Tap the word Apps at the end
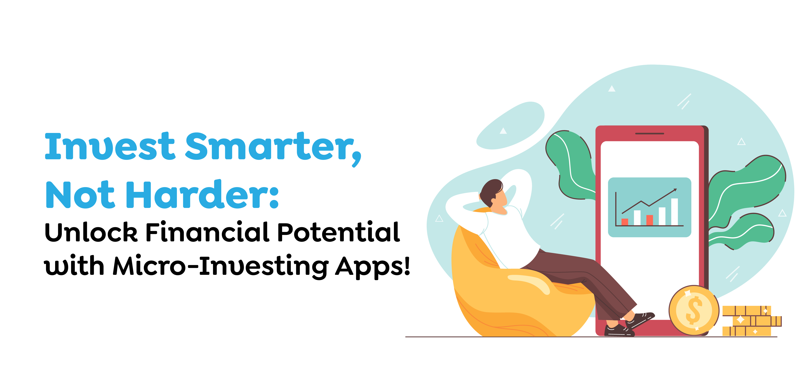[x=372, y=266]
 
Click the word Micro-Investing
[x=220, y=266]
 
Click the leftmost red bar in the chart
[x=625, y=222]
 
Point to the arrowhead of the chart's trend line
[x=675, y=189]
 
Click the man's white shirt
[x=511, y=237]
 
